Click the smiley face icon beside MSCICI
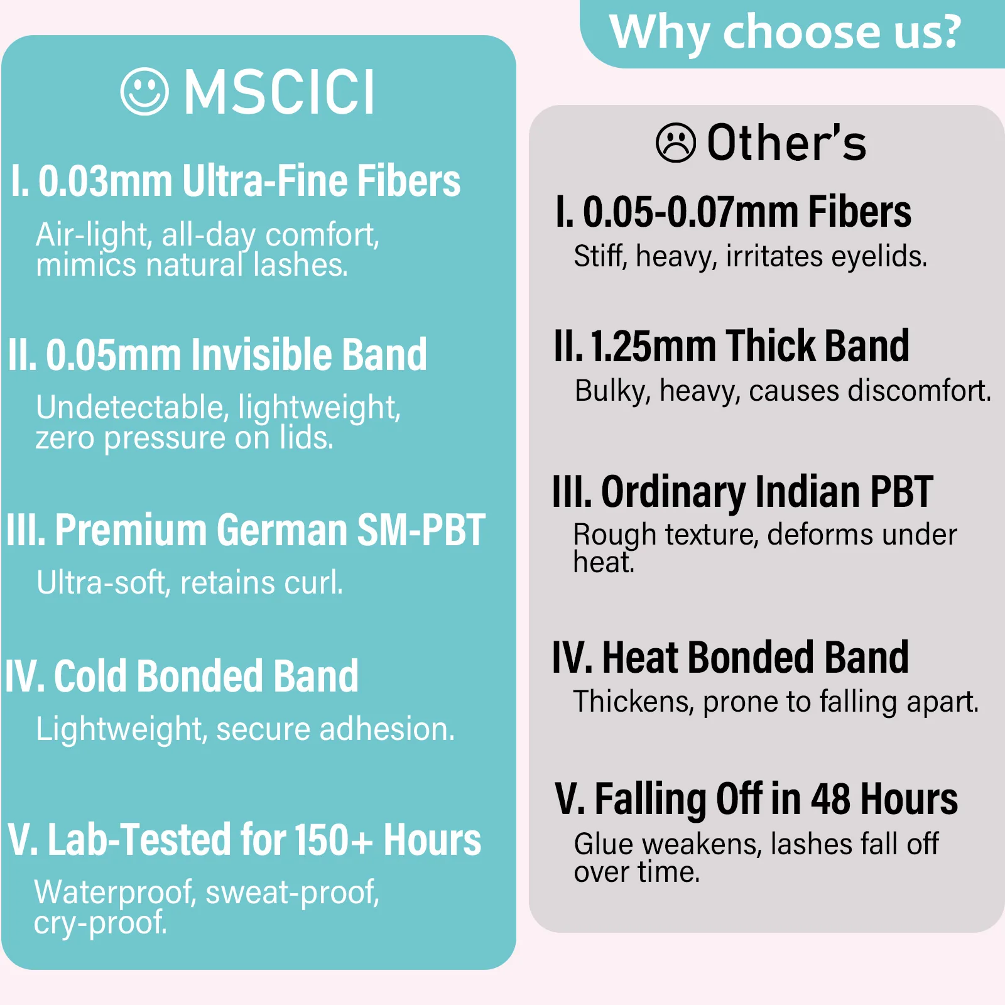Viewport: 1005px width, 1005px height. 144,92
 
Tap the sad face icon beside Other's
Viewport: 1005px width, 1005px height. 676,143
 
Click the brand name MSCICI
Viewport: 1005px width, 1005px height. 280,92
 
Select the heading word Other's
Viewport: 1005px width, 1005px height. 786,143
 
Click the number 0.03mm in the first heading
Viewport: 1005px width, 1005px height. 106,181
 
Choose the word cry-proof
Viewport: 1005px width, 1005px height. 100,923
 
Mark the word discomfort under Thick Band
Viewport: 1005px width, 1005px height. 920,391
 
